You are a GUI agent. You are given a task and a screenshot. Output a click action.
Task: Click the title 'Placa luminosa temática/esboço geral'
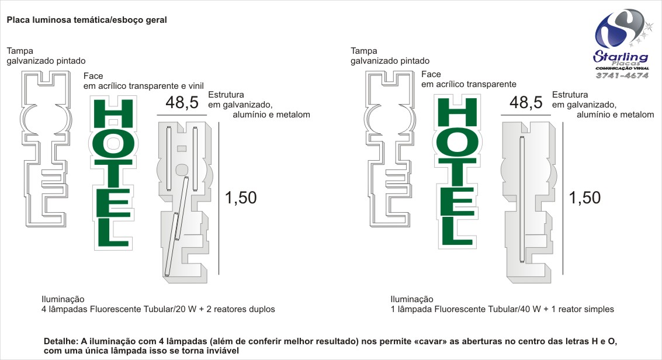click(86, 20)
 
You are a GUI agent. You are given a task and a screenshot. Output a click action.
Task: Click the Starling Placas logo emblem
click(619, 29)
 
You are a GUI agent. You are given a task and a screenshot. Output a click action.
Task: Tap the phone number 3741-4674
click(622, 75)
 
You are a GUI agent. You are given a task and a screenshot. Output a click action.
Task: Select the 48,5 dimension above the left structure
click(182, 102)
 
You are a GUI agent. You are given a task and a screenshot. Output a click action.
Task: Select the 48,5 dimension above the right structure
click(526, 102)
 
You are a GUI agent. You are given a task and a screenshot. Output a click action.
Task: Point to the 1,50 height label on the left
click(241, 198)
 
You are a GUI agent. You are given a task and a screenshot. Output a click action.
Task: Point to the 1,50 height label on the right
click(585, 198)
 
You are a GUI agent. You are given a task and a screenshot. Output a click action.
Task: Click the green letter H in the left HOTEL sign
click(113, 113)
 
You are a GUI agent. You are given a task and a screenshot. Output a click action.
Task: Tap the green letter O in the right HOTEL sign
click(457, 143)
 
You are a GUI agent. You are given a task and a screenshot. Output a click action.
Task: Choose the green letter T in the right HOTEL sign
click(457, 172)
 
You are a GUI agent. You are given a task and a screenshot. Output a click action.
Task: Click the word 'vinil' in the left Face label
click(196, 86)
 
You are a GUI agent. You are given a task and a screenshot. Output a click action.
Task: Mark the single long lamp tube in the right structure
click(522, 199)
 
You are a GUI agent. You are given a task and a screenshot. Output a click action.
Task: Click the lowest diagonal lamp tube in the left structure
click(171, 244)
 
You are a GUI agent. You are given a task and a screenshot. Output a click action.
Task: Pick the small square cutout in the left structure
click(182, 148)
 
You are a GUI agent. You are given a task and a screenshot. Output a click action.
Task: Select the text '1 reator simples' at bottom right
click(583, 309)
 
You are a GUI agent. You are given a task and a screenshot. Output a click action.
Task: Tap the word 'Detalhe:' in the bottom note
click(61, 341)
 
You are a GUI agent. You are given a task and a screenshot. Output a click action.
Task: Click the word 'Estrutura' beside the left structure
click(226, 95)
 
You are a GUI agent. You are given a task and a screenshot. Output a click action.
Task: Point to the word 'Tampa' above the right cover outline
click(364, 51)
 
